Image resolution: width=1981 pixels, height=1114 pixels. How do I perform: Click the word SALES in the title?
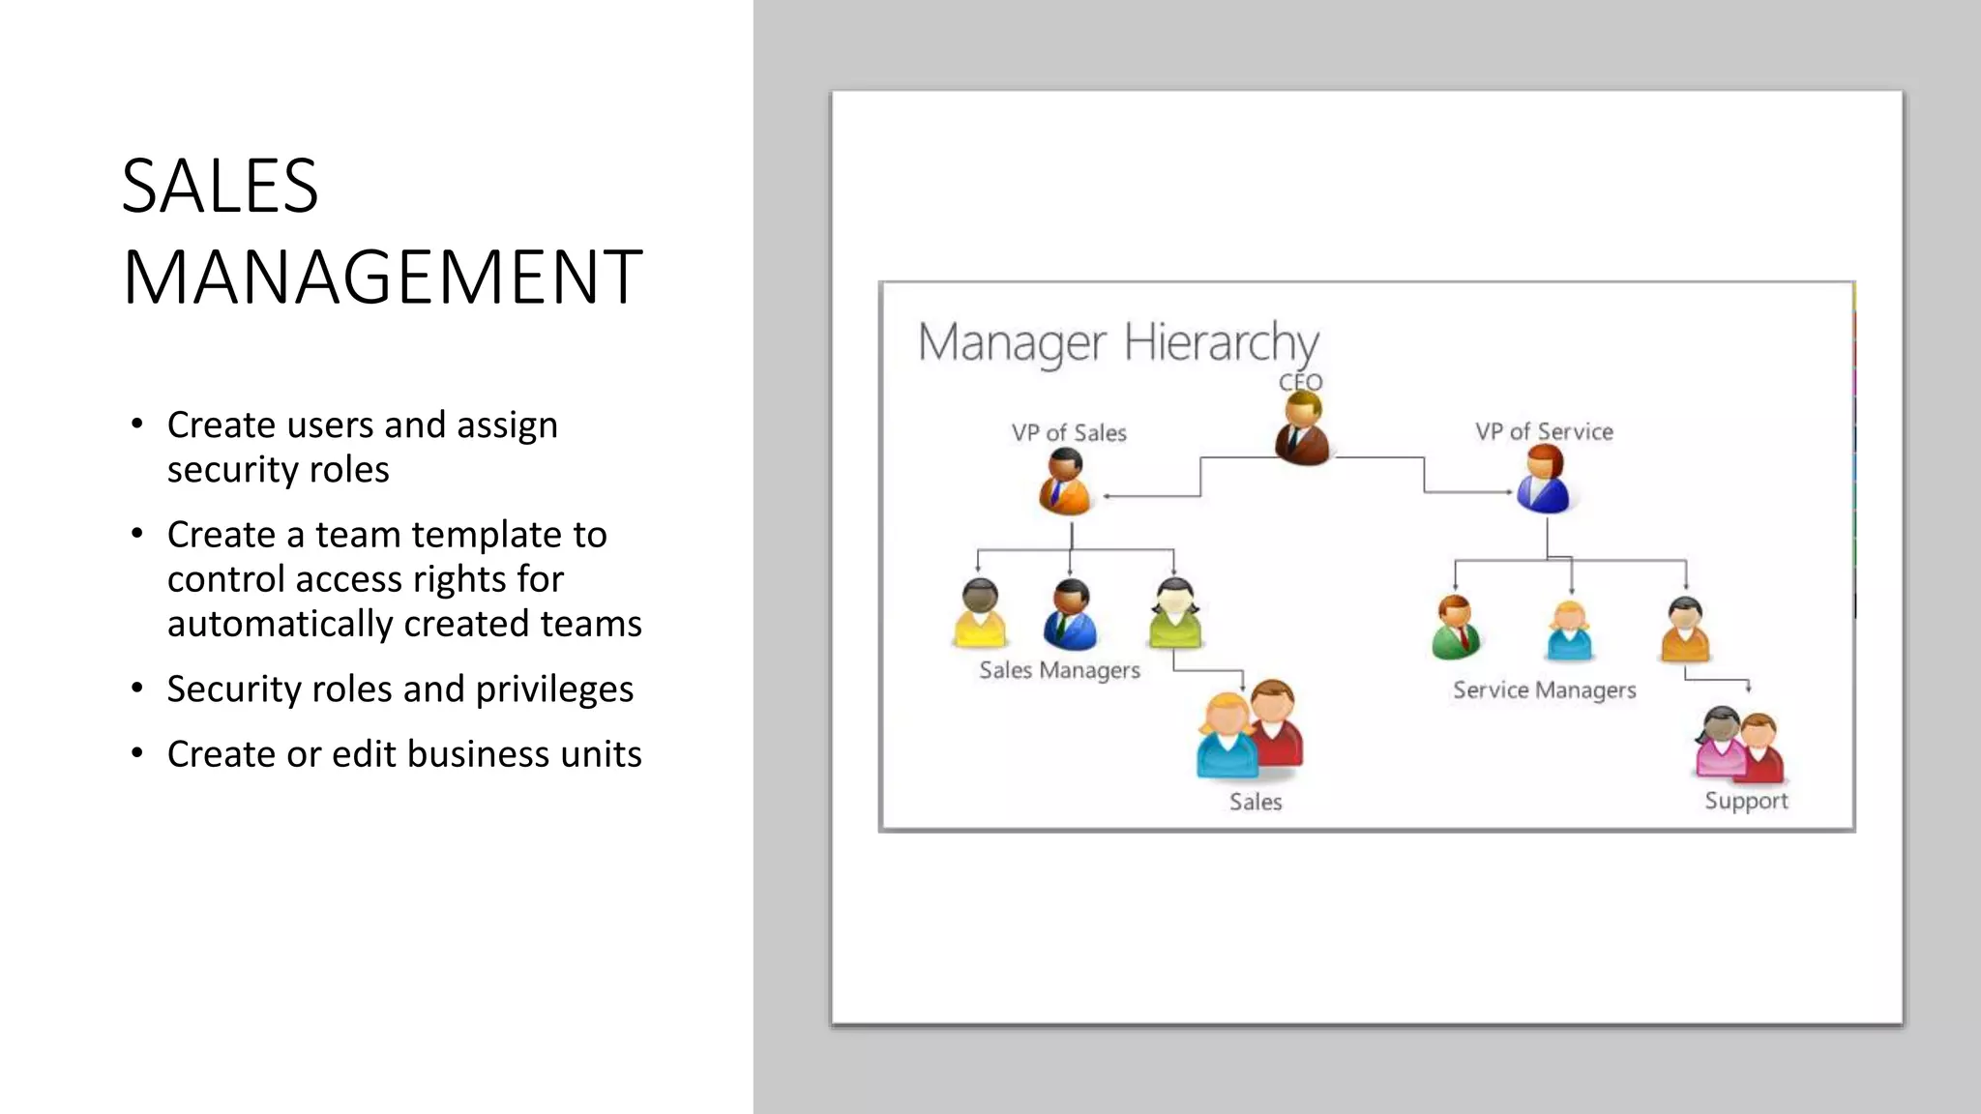(220, 186)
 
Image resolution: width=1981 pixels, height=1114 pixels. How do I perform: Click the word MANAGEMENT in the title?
(382, 278)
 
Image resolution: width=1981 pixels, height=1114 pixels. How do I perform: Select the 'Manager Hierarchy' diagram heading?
(1117, 342)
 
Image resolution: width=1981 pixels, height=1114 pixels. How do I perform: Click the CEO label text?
(1300, 383)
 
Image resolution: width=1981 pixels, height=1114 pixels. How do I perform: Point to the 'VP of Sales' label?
(1069, 433)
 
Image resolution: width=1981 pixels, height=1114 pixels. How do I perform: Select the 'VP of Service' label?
(1544, 432)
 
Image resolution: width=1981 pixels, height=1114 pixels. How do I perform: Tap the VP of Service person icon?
(1543, 479)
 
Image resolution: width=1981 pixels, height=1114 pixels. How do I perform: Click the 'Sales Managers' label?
(1059, 670)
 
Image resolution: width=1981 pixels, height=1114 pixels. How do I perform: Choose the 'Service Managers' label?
(1544, 690)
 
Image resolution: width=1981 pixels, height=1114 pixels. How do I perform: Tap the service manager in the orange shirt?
(1685, 630)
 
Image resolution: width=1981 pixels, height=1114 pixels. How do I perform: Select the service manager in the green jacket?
(1455, 628)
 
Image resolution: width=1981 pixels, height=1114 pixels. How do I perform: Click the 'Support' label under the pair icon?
(1746, 801)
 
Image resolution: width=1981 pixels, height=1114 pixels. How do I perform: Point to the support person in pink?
(1721, 745)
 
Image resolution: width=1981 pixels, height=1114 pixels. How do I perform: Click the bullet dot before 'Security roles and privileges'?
(137, 689)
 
